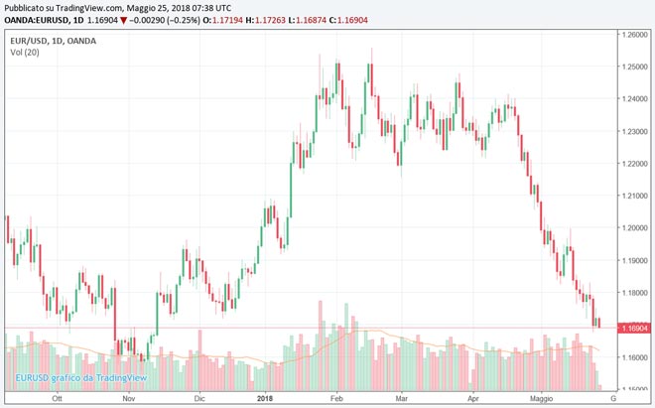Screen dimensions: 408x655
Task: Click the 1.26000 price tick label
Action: tap(631, 34)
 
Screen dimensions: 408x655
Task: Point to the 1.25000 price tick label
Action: tap(631, 67)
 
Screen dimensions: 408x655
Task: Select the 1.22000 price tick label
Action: tap(631, 163)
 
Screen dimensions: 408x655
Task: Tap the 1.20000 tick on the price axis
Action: tap(631, 227)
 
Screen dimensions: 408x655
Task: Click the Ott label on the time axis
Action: tap(58, 398)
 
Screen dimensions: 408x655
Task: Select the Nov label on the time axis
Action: tap(128, 398)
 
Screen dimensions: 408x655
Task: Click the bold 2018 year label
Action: tap(265, 398)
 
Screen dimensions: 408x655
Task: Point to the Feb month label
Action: tap(335, 398)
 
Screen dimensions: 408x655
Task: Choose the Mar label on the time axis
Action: tap(402, 398)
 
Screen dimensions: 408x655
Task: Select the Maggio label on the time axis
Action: tap(542, 398)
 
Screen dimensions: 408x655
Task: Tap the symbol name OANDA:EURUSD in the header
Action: tap(38, 22)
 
